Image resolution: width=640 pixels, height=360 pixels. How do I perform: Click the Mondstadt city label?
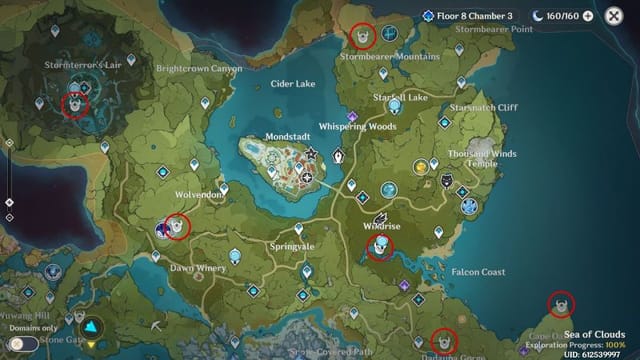pyautogui.click(x=269, y=135)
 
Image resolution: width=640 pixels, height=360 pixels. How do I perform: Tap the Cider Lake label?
pyautogui.click(x=293, y=84)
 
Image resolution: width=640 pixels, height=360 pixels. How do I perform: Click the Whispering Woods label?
pyautogui.click(x=357, y=127)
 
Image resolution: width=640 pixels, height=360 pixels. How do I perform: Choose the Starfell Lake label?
pyautogui.click(x=400, y=98)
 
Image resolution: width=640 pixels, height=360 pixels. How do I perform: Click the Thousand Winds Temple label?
pyautogui.click(x=484, y=158)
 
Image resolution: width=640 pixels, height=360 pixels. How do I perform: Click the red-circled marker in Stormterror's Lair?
pyautogui.click(x=75, y=103)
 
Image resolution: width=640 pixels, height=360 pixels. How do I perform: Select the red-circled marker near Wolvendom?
pyautogui.click(x=178, y=227)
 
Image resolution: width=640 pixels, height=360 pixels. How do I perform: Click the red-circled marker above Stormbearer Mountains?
pyautogui.click(x=362, y=36)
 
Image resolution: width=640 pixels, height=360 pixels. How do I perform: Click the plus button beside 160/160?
pyautogui.click(x=587, y=16)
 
